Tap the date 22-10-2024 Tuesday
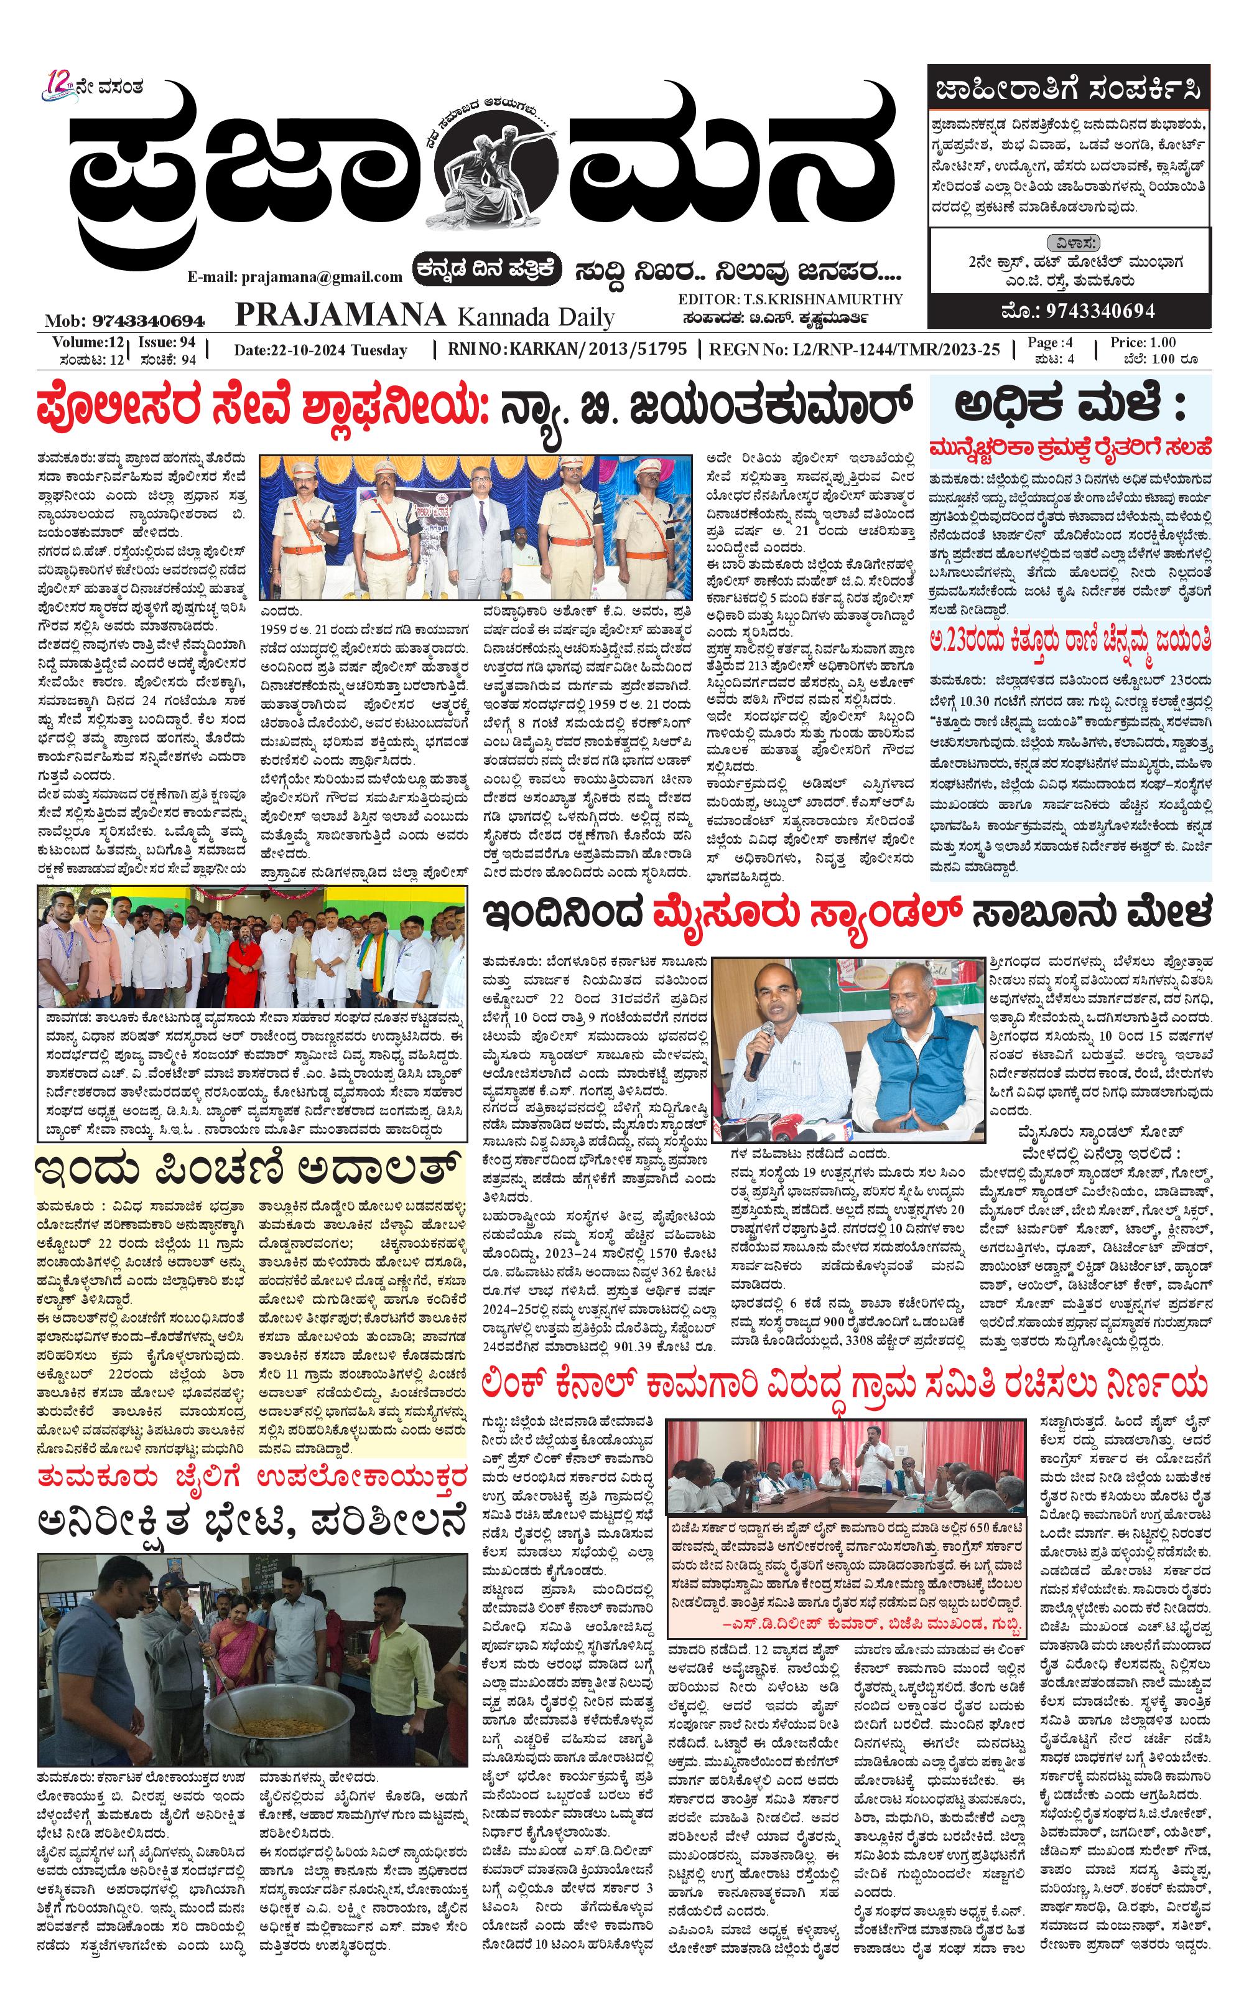pos(320,350)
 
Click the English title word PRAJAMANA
pos(340,315)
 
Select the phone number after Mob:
pos(149,321)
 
